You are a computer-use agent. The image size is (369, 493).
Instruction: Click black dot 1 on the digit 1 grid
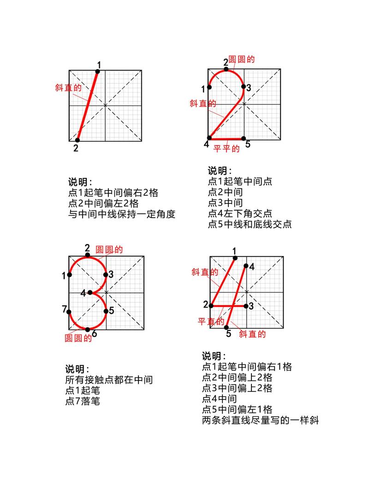pos(97,71)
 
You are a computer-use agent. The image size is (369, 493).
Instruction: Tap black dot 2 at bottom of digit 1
pos(77,140)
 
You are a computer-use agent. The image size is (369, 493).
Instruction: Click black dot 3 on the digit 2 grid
pos(244,86)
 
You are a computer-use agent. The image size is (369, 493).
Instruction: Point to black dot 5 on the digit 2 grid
pos(244,138)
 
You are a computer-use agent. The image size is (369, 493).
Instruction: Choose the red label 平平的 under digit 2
pos(226,148)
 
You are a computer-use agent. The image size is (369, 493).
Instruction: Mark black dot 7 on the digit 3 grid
pos(70,312)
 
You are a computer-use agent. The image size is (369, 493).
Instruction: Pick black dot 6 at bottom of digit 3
pos(88,329)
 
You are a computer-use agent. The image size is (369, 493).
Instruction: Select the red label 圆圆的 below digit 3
pos(78,338)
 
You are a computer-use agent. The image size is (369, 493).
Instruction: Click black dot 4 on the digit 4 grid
pos(246,266)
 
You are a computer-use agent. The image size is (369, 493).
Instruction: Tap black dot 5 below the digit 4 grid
pos(227,327)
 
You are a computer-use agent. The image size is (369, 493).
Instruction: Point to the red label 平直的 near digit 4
pos(211,321)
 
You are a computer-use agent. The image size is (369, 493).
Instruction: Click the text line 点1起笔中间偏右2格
pos(113,193)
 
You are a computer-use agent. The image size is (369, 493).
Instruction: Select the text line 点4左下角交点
pos(240,214)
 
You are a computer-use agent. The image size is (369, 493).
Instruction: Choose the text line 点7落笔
pos(83,401)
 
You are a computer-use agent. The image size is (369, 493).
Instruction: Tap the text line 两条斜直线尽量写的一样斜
pos(260,420)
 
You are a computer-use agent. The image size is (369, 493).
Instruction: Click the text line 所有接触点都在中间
pos(109,380)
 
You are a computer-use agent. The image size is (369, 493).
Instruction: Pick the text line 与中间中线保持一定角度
pos(122,214)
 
